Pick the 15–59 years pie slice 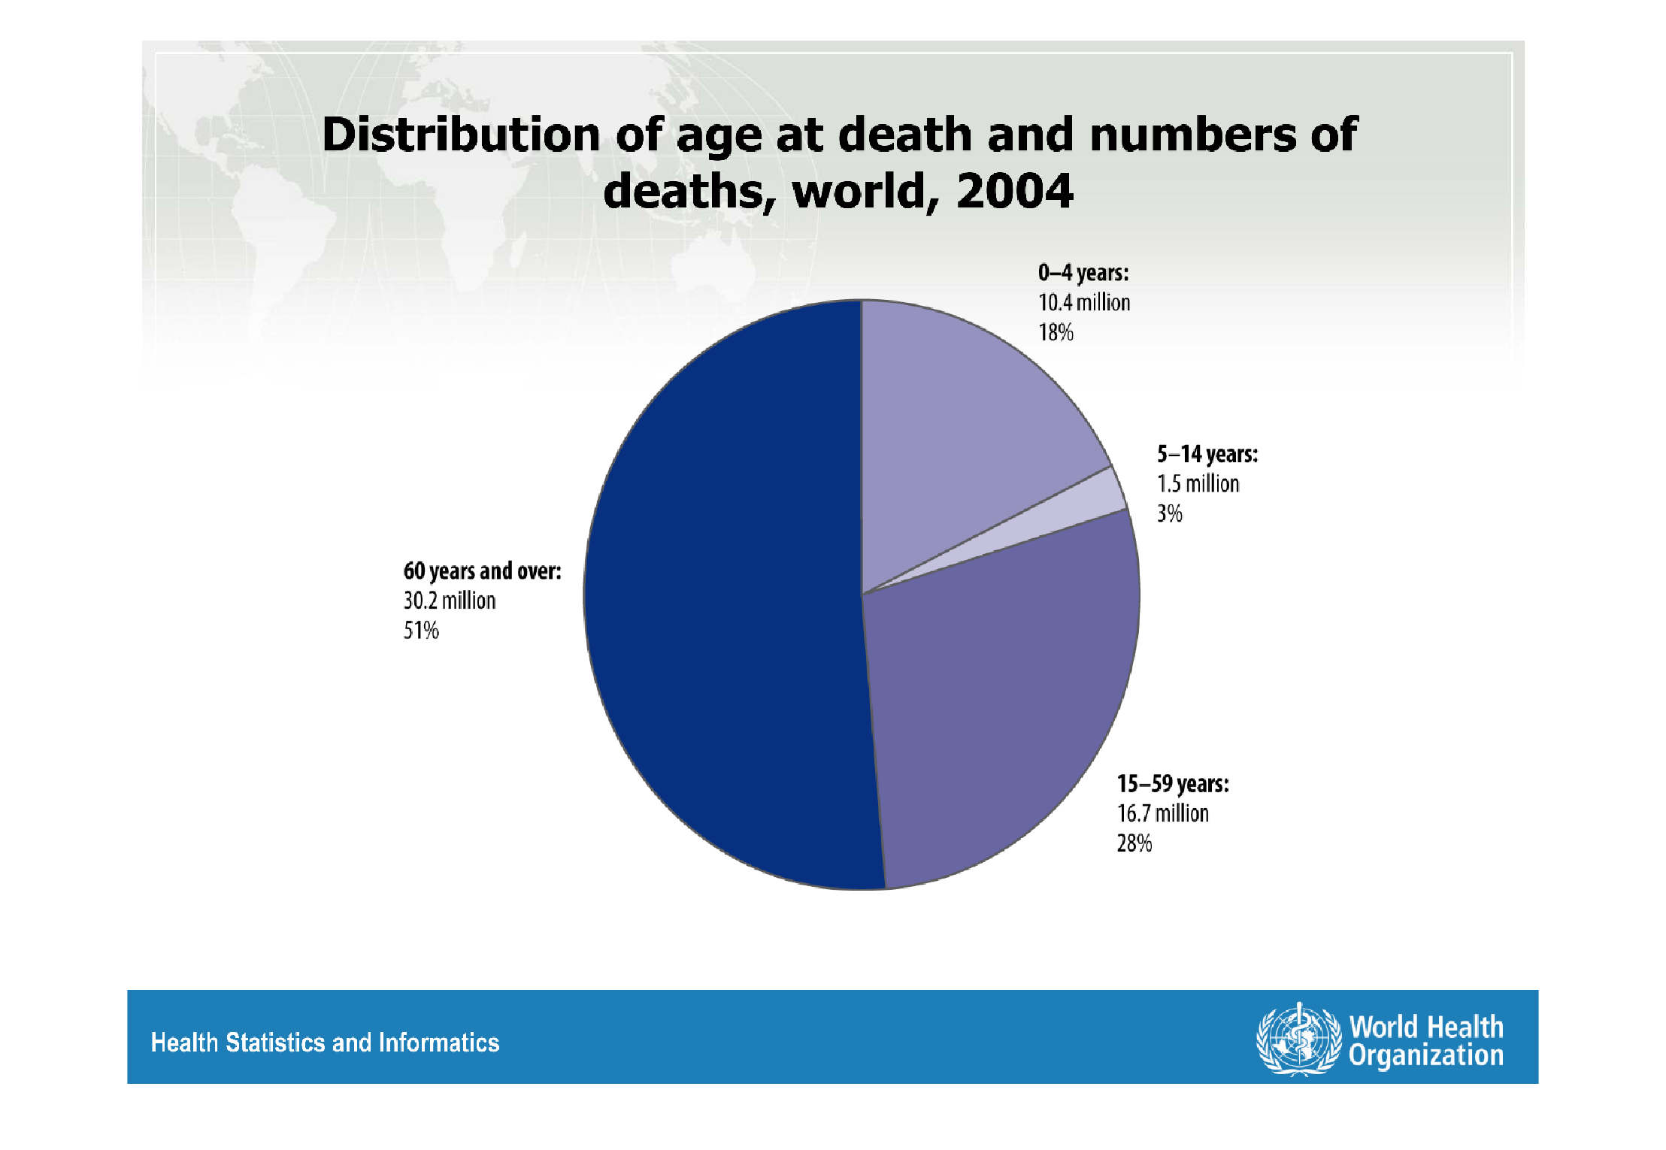coord(1000,692)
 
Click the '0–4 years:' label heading coord(1083,272)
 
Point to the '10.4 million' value coord(1084,302)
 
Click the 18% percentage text coord(1056,332)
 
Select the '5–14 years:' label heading coord(1207,454)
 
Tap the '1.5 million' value coord(1198,483)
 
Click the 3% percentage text coord(1169,513)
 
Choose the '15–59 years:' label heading coord(1173,784)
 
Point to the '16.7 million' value coord(1162,813)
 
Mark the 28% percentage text coord(1134,843)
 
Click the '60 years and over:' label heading coord(482,571)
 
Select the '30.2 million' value coord(450,601)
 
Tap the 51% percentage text coord(421,631)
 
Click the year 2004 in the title coord(1014,191)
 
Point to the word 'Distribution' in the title coord(461,135)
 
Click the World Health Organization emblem coord(1298,1040)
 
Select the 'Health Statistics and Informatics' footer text coord(325,1043)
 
